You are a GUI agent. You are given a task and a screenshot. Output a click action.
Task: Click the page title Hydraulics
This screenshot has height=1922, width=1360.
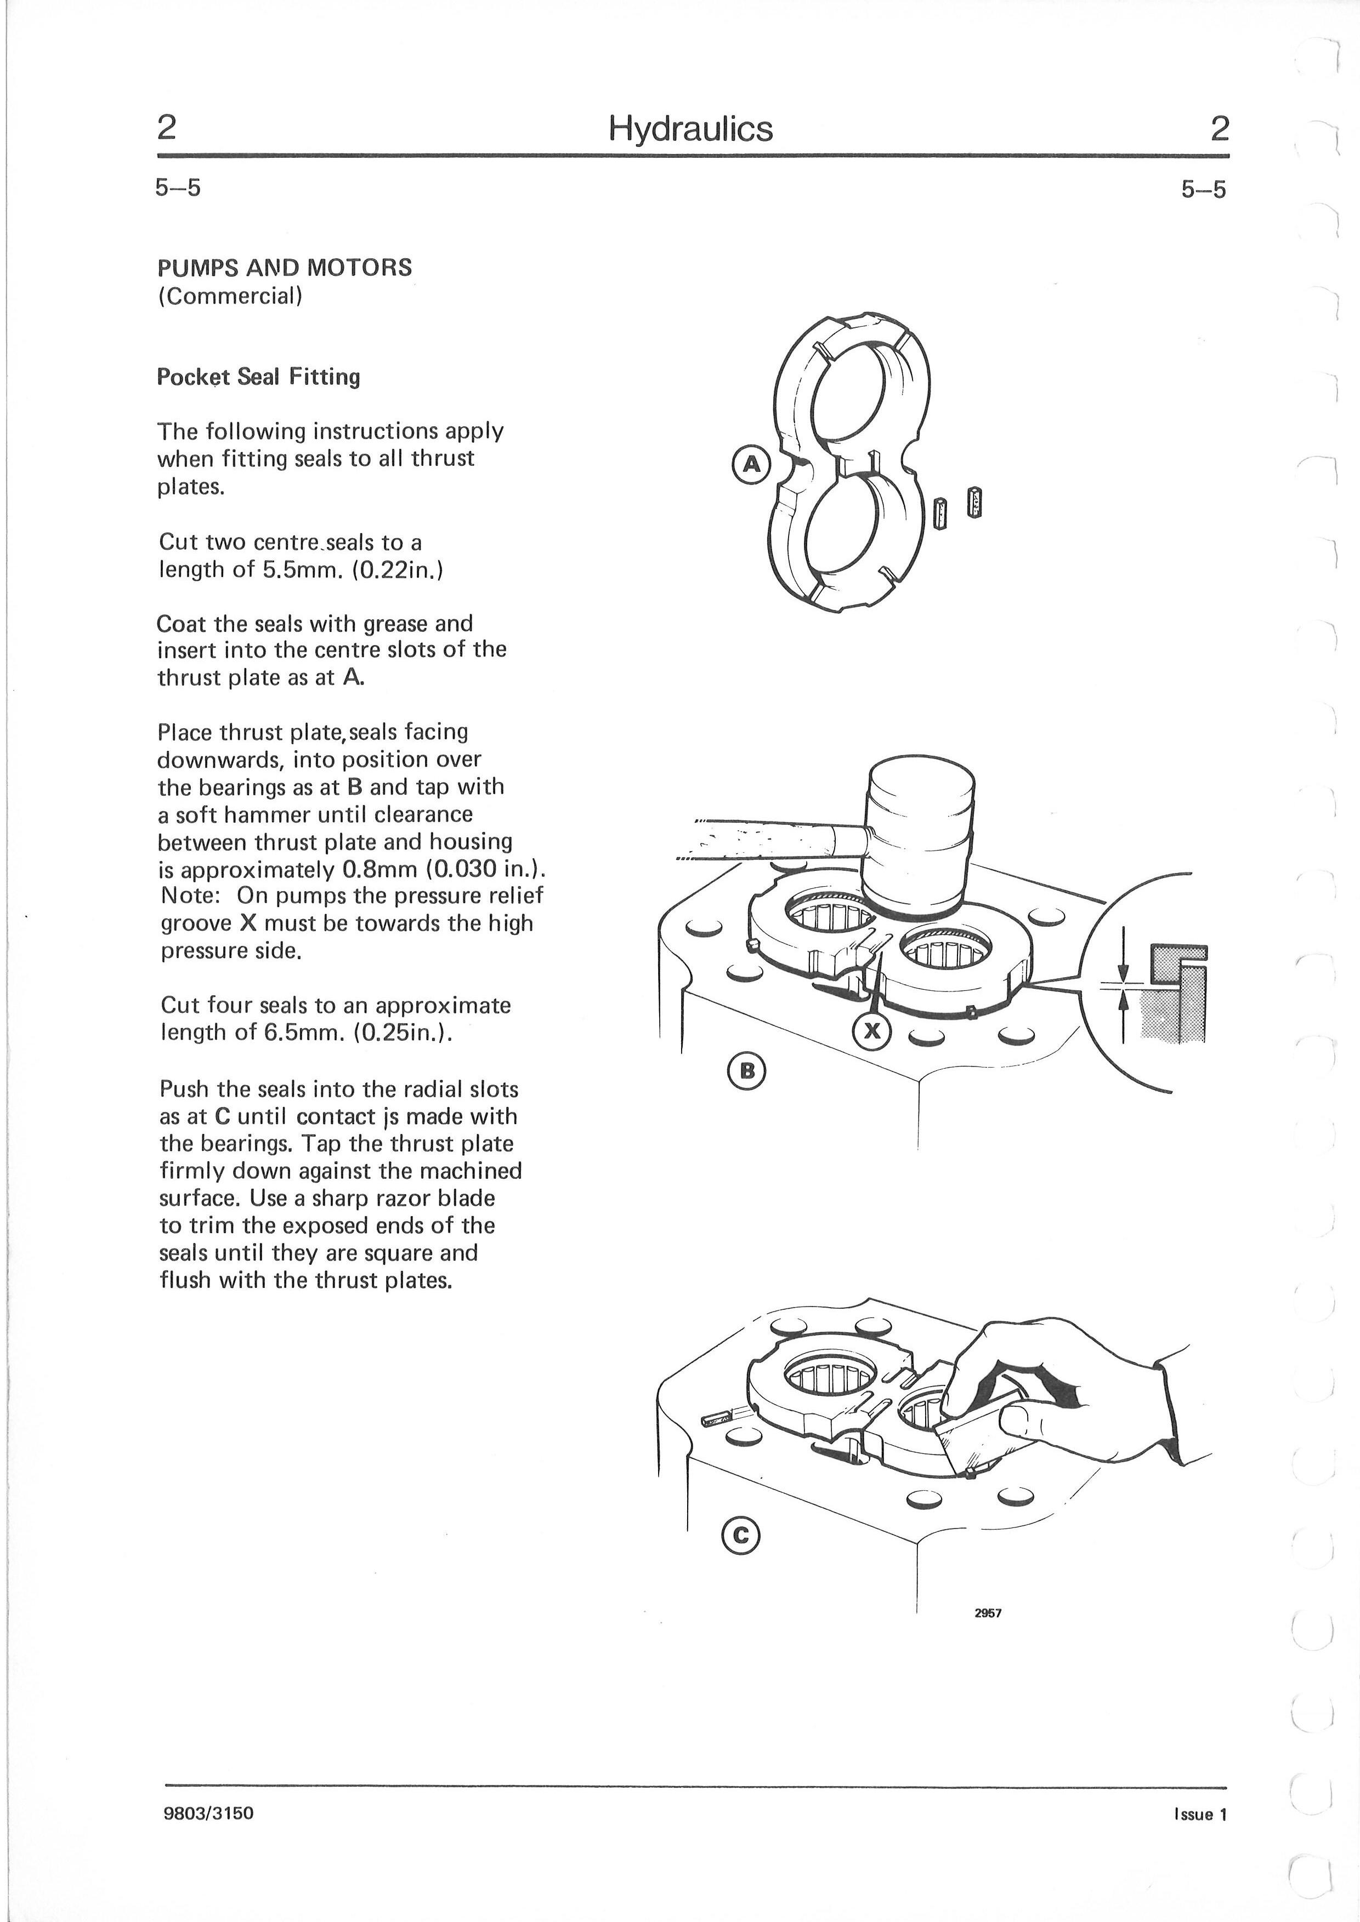690,129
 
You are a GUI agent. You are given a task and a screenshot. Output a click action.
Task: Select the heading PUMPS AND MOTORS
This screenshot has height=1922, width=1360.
285,268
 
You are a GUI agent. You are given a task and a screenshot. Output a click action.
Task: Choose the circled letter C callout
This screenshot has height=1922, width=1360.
739,1535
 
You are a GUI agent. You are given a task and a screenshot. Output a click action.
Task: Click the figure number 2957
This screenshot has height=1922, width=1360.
988,1613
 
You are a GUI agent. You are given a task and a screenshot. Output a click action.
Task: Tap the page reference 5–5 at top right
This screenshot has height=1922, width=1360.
1203,190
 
